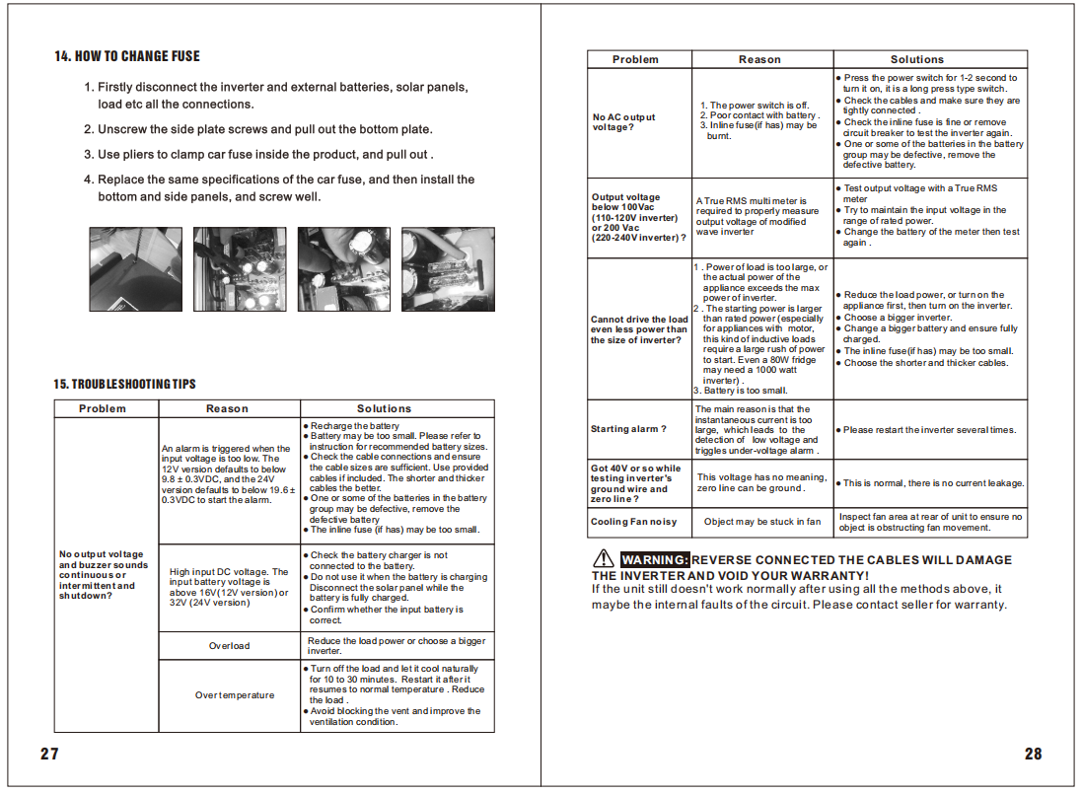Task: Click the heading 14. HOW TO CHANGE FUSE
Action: pyautogui.click(x=127, y=56)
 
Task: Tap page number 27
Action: pyautogui.click(x=49, y=754)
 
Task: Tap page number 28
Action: pyautogui.click(x=1033, y=754)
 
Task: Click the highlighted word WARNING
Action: pyautogui.click(x=654, y=560)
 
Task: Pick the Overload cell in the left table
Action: pyautogui.click(x=229, y=646)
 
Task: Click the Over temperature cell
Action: pyautogui.click(x=235, y=695)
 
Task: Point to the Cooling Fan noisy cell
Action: pyautogui.click(x=634, y=522)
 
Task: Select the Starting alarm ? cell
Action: pyautogui.click(x=628, y=429)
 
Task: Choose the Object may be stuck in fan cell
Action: pyautogui.click(x=761, y=522)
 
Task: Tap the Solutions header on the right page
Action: pyautogui.click(x=916, y=59)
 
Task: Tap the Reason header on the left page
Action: pyautogui.click(x=227, y=408)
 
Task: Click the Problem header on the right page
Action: pyautogui.click(x=635, y=59)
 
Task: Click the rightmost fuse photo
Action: pyautogui.click(x=448, y=269)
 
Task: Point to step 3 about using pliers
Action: pyautogui.click(x=258, y=155)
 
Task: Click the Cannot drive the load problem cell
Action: pyautogui.click(x=639, y=329)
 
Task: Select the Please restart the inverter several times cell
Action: pyautogui.click(x=929, y=430)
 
